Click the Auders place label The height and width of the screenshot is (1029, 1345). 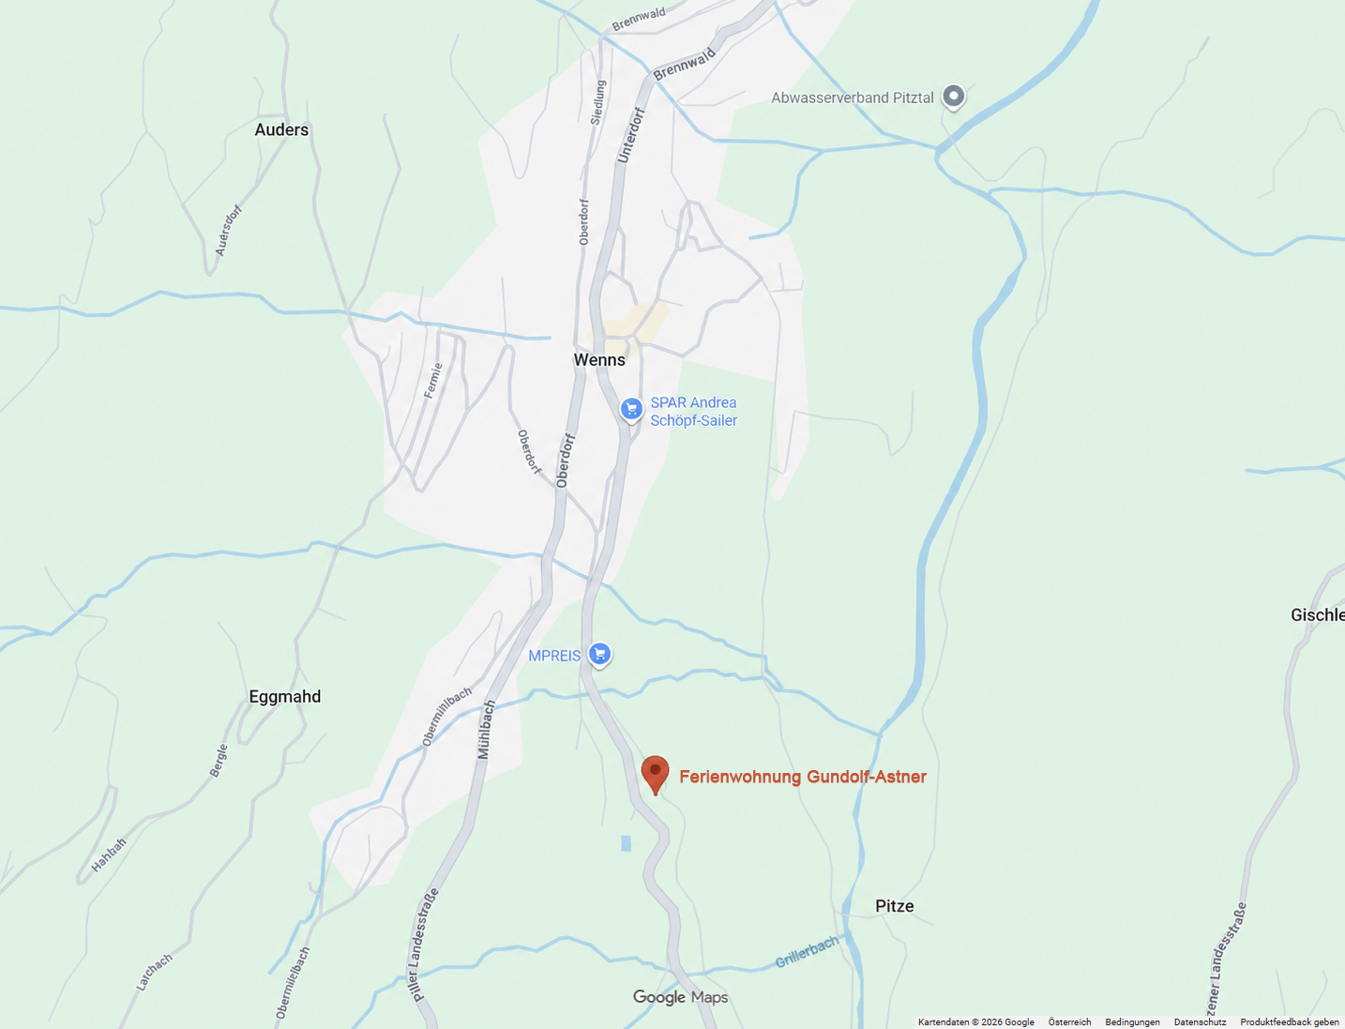pos(281,129)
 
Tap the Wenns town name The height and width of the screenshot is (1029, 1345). pos(599,359)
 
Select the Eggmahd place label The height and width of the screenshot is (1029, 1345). pos(284,696)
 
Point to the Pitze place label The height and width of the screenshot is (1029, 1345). pos(894,905)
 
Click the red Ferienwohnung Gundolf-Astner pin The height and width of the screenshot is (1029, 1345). pos(655,774)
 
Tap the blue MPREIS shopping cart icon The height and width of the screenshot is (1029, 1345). pos(599,654)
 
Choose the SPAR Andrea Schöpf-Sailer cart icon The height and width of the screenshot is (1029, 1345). pos(631,409)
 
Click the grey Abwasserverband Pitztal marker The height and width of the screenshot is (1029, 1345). pos(953,96)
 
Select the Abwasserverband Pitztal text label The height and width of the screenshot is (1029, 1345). pos(852,98)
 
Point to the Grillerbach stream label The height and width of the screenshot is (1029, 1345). pos(807,952)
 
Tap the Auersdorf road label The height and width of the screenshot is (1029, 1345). pos(229,230)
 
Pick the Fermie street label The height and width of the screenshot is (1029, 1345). pos(432,381)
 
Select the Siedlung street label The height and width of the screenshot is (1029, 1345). pos(598,102)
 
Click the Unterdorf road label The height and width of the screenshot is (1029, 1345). pos(631,135)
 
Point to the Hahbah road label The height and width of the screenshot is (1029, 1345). pos(109,855)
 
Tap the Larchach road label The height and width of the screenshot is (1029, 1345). pos(155,972)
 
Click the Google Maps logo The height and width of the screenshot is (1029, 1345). pos(680,997)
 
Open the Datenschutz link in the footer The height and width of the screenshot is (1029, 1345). pos(1200,1022)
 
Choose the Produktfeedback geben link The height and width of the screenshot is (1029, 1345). pos(1289,1022)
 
